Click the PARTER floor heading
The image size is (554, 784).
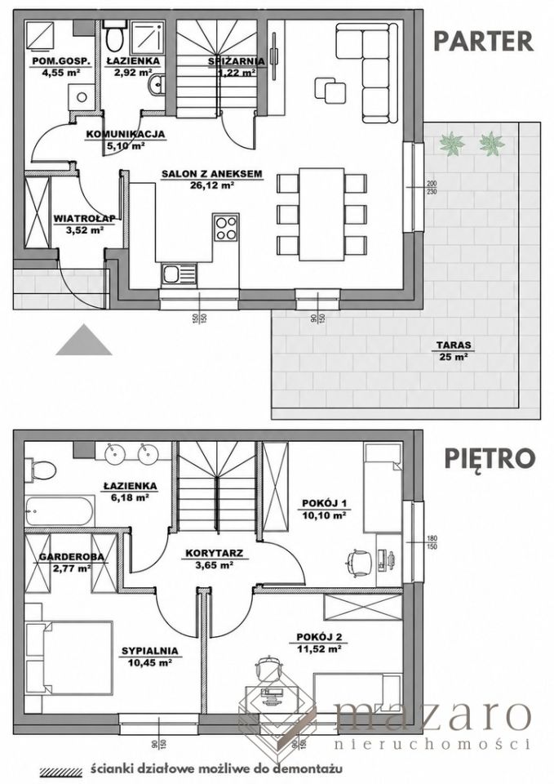tap(483, 41)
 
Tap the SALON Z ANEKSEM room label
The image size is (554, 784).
tap(212, 175)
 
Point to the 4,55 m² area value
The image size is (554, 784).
tap(61, 72)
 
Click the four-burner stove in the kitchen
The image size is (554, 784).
tap(226, 228)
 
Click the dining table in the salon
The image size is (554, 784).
tap(321, 214)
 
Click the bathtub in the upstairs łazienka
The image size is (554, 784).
tap(60, 510)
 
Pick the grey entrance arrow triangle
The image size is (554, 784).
tap(84, 340)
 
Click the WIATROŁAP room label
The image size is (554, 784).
tap(84, 218)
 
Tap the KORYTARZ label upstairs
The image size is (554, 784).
tap(214, 554)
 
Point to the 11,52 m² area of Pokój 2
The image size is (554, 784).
tap(319, 649)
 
